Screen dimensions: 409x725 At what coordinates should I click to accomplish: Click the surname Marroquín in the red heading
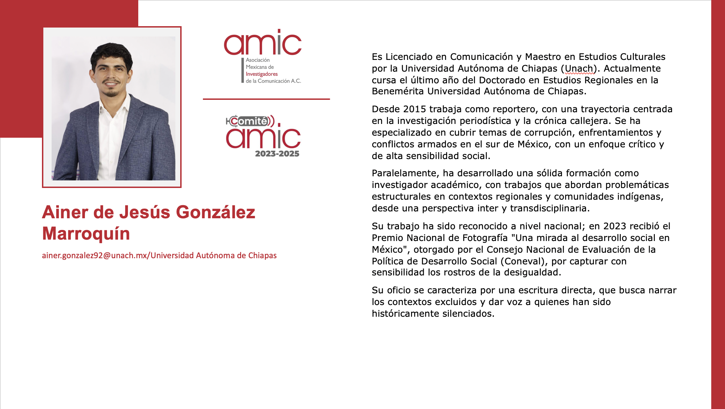(x=86, y=234)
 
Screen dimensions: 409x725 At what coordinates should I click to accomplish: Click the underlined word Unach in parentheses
(x=579, y=69)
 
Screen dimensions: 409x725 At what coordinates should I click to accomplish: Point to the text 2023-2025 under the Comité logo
(x=277, y=154)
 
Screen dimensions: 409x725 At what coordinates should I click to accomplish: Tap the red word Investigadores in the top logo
(x=261, y=74)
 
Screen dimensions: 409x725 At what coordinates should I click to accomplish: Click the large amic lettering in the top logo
(x=262, y=43)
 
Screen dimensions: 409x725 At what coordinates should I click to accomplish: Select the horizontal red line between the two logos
(x=266, y=99)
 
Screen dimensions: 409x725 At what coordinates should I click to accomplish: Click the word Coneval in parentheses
(x=523, y=261)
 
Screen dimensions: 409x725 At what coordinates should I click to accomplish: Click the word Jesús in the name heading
(x=145, y=212)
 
